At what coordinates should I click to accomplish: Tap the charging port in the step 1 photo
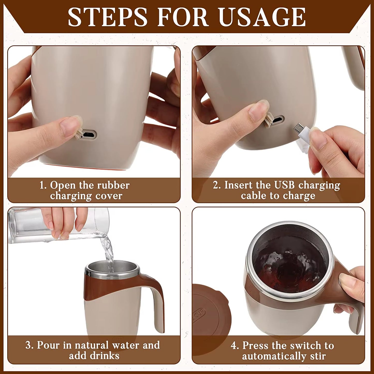point(89,135)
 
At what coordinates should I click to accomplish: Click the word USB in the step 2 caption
point(284,185)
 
